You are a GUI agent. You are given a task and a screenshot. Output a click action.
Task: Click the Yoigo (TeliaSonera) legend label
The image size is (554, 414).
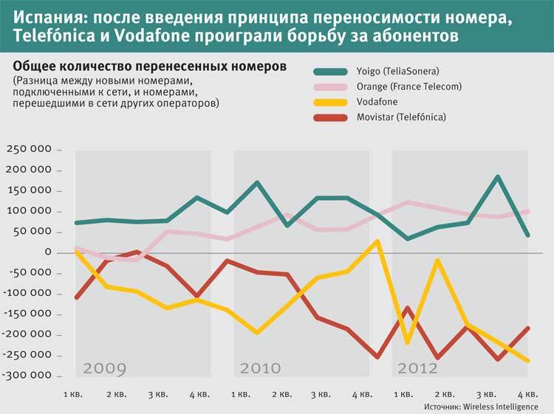(398, 72)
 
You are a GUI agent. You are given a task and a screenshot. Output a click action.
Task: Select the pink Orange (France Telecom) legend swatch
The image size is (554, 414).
(331, 87)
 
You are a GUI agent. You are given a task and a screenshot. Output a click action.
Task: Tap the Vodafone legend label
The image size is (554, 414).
(377, 102)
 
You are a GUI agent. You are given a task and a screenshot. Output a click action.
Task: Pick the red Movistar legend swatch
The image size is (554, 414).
(331, 117)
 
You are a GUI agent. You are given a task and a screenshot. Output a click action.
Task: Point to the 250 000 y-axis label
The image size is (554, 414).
(29, 149)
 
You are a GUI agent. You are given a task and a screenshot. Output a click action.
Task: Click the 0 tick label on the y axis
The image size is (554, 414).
(48, 252)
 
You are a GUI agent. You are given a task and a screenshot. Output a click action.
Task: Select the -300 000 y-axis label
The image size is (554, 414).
(27, 375)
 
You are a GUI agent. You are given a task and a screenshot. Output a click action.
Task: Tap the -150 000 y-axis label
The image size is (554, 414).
(27, 314)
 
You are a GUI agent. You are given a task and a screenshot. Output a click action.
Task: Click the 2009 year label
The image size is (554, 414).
(105, 369)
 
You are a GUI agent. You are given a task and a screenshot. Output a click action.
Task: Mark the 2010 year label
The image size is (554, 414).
(261, 369)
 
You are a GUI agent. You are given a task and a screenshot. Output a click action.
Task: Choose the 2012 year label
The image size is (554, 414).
(417, 369)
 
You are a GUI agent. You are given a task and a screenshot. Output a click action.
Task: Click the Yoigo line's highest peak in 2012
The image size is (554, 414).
(498, 176)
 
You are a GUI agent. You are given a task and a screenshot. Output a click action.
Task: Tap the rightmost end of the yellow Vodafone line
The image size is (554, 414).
(528, 361)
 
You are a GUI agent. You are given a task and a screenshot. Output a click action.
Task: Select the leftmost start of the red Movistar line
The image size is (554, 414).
(77, 297)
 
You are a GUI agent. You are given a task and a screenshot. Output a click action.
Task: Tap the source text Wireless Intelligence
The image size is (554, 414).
(501, 407)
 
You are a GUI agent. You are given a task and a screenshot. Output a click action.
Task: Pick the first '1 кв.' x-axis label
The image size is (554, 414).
(73, 394)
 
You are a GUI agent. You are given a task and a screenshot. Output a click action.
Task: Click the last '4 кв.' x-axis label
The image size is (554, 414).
(528, 394)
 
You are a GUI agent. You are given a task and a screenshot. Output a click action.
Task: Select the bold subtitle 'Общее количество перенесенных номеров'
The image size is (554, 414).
(150, 66)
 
